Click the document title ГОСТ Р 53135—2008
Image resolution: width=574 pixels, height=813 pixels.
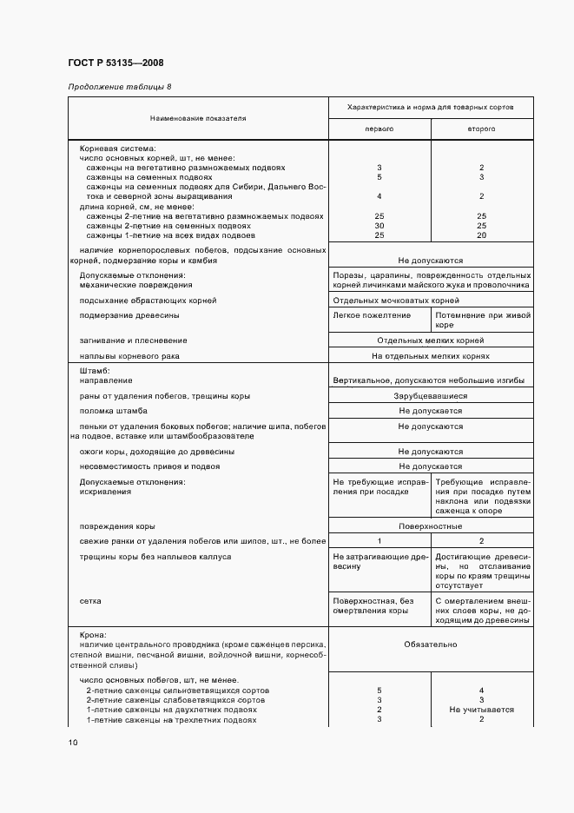(115, 63)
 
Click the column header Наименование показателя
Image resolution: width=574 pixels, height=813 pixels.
(198, 117)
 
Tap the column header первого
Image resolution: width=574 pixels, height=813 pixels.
(379, 129)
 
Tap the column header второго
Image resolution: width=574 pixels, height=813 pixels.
(481, 129)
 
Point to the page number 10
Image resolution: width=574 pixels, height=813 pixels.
(72, 743)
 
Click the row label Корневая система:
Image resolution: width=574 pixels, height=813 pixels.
(116, 149)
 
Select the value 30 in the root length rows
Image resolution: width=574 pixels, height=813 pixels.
(379, 226)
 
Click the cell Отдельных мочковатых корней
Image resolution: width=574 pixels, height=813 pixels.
(383, 300)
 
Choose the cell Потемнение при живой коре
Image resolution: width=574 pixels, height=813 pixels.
(482, 320)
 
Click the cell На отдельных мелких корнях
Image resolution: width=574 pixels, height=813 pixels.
(430, 356)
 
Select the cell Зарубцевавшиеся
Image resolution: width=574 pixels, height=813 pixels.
(430, 396)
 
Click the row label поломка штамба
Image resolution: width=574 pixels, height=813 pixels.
(113, 410)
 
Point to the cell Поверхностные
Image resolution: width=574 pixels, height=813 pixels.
(430, 526)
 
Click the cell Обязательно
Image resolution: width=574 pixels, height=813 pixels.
(430, 645)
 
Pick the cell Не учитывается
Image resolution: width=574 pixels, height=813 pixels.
(481, 710)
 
